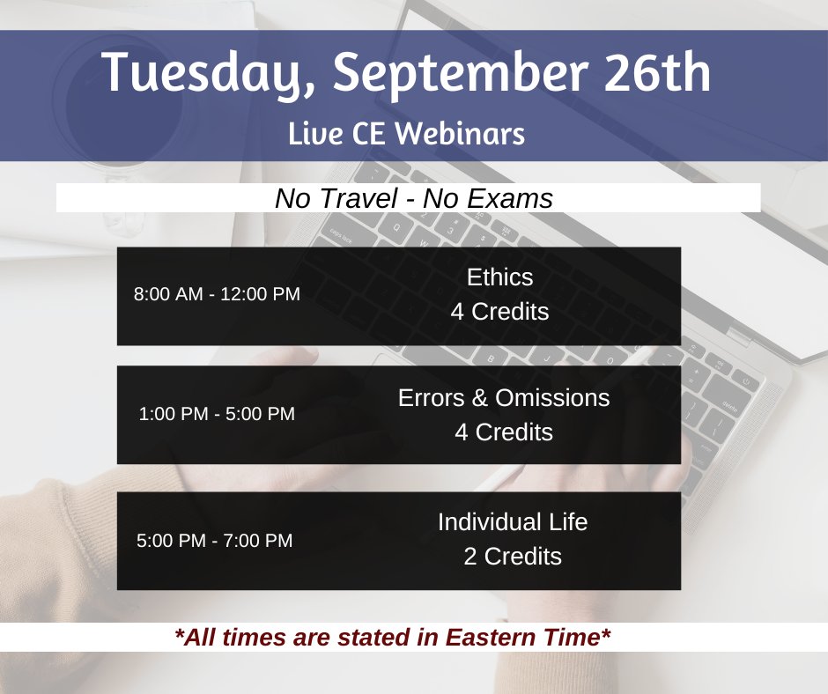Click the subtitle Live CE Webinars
(406, 134)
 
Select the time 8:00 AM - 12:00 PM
(217, 294)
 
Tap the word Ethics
(499, 277)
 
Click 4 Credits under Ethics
(499, 312)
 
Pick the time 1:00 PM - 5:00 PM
(217, 414)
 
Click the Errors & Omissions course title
(504, 397)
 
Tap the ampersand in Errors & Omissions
(479, 397)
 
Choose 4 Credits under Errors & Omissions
(504, 432)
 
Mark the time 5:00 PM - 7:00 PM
(215, 541)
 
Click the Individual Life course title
(513, 522)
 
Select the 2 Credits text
(513, 557)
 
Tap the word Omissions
(552, 397)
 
